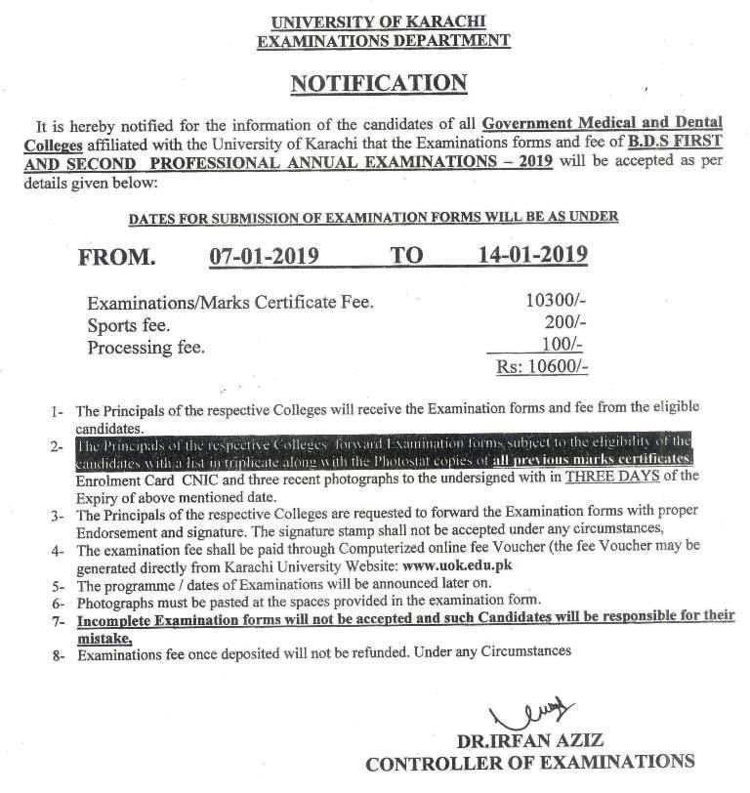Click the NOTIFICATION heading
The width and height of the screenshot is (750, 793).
tap(375, 85)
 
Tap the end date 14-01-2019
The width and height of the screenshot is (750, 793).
tap(533, 256)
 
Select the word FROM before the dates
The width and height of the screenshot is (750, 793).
tap(116, 258)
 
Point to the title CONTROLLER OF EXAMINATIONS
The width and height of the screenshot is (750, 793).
tap(530, 763)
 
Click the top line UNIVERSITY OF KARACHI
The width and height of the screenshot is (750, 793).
tap(374, 21)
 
